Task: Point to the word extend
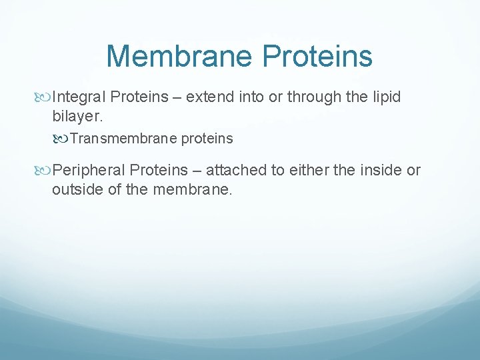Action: click(x=208, y=97)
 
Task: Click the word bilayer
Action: click(x=75, y=117)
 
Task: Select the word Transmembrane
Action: click(x=115, y=139)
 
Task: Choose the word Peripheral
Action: click(x=89, y=171)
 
